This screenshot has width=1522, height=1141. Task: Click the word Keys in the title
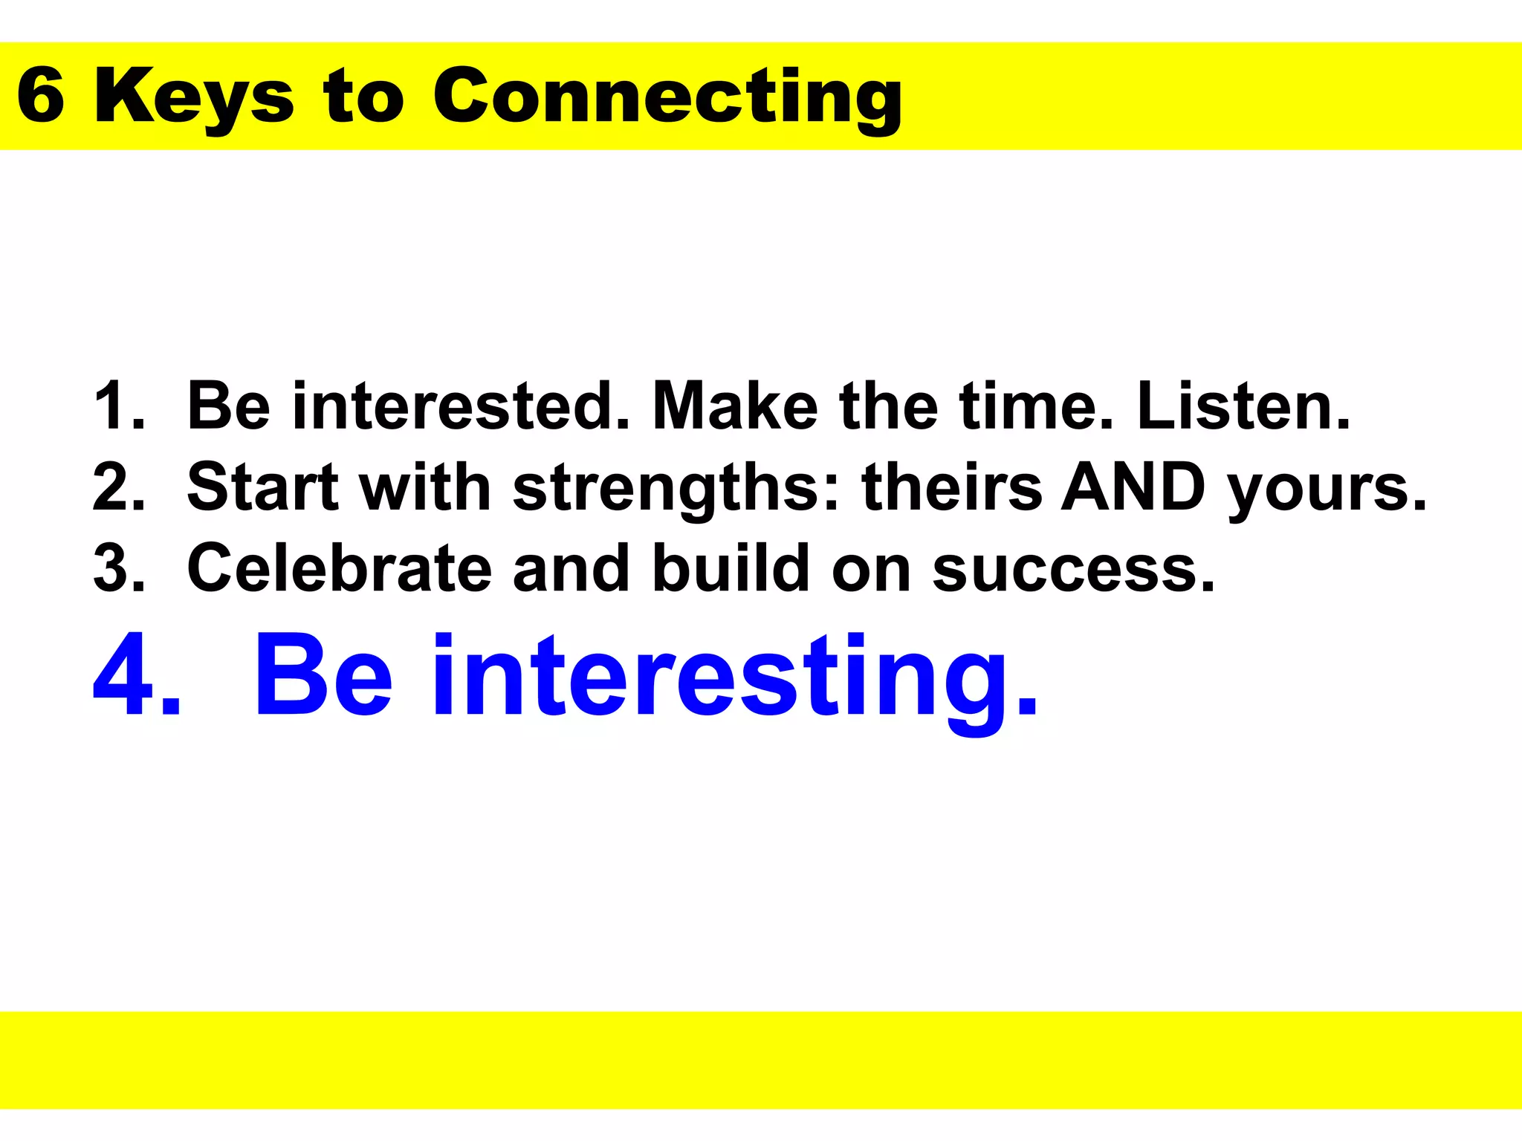point(195,98)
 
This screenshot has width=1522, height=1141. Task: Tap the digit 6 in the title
point(41,97)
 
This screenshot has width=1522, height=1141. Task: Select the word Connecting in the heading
point(667,98)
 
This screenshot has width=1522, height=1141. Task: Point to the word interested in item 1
point(461,406)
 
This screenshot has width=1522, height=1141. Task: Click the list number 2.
point(119,487)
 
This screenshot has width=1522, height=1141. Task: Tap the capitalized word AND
point(1133,487)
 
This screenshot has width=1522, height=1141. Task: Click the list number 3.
point(119,568)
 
